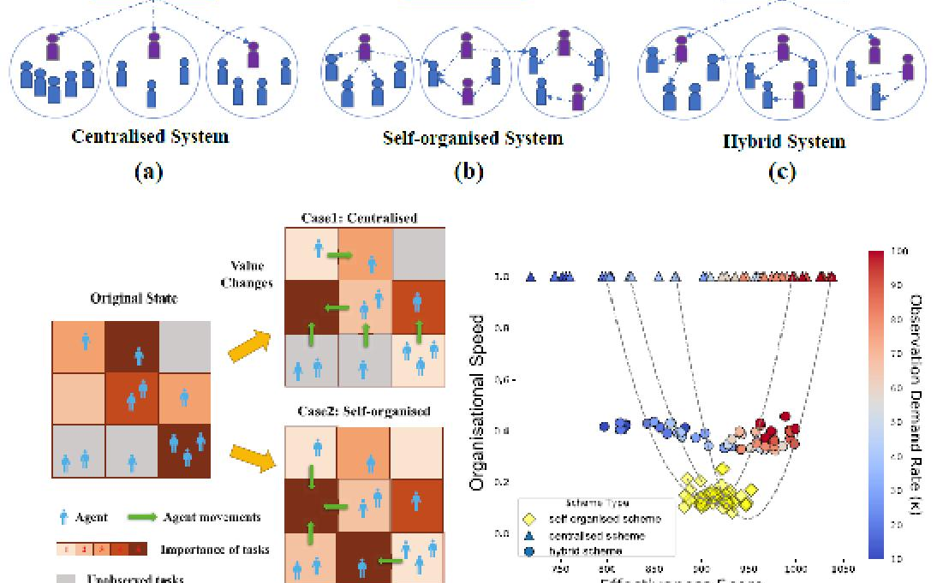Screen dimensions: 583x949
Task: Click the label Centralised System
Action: click(150, 136)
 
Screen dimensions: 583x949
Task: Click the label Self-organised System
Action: click(472, 138)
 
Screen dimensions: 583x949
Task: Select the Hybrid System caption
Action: click(784, 141)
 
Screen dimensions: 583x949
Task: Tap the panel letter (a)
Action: click(148, 171)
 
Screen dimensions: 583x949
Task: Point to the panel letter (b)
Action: click(469, 171)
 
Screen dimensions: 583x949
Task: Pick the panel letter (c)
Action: click(782, 171)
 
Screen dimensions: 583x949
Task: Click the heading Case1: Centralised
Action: click(359, 217)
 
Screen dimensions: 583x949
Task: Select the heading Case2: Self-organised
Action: click(363, 411)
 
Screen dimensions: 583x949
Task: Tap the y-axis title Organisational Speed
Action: click(478, 402)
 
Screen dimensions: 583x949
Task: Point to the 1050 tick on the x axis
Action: click(843, 568)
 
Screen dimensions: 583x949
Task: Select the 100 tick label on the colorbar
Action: click(898, 252)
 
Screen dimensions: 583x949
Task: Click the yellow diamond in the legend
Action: click(530, 519)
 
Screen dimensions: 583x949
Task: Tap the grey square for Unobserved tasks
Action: click(66, 579)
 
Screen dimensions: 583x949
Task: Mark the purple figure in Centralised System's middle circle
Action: click(154, 44)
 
